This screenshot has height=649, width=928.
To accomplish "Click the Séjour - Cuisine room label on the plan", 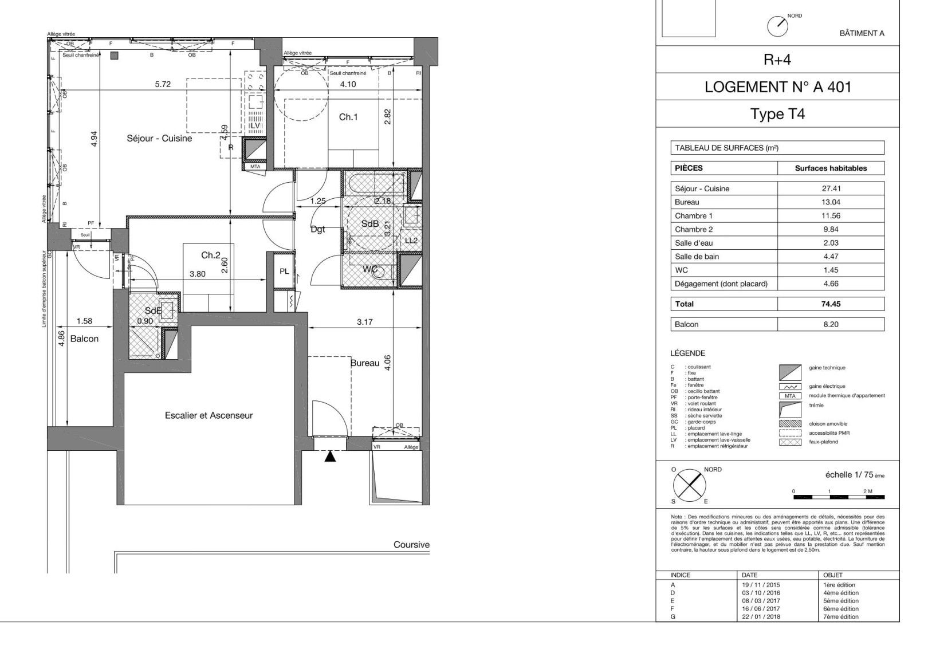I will (159, 138).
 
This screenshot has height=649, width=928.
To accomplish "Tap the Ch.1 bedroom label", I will (348, 117).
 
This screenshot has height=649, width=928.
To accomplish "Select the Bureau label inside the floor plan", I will (365, 363).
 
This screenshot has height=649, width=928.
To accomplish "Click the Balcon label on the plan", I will (84, 339).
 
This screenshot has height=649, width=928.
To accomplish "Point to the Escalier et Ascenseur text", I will (209, 415).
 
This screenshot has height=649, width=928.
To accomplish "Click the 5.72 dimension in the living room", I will (163, 84).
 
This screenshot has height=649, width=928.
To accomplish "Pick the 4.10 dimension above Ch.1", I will (348, 84).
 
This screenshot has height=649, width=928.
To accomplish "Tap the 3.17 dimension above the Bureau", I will (365, 322).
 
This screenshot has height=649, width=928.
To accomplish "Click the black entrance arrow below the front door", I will (330, 457).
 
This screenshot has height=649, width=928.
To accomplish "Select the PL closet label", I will (284, 272).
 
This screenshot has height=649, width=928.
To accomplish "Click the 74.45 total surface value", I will (830, 304).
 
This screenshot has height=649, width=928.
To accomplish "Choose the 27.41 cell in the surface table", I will (830, 188).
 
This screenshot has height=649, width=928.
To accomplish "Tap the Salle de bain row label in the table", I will (697, 257).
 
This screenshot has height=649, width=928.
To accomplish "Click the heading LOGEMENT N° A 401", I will (777, 87).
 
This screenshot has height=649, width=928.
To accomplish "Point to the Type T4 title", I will (777, 114).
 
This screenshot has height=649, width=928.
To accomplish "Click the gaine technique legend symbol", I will (790, 372).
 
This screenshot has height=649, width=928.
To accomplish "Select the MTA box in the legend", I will (790, 396).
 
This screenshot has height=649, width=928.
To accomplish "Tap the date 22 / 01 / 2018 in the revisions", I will (761, 617).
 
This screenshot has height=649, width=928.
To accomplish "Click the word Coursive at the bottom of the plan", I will (411, 545).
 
